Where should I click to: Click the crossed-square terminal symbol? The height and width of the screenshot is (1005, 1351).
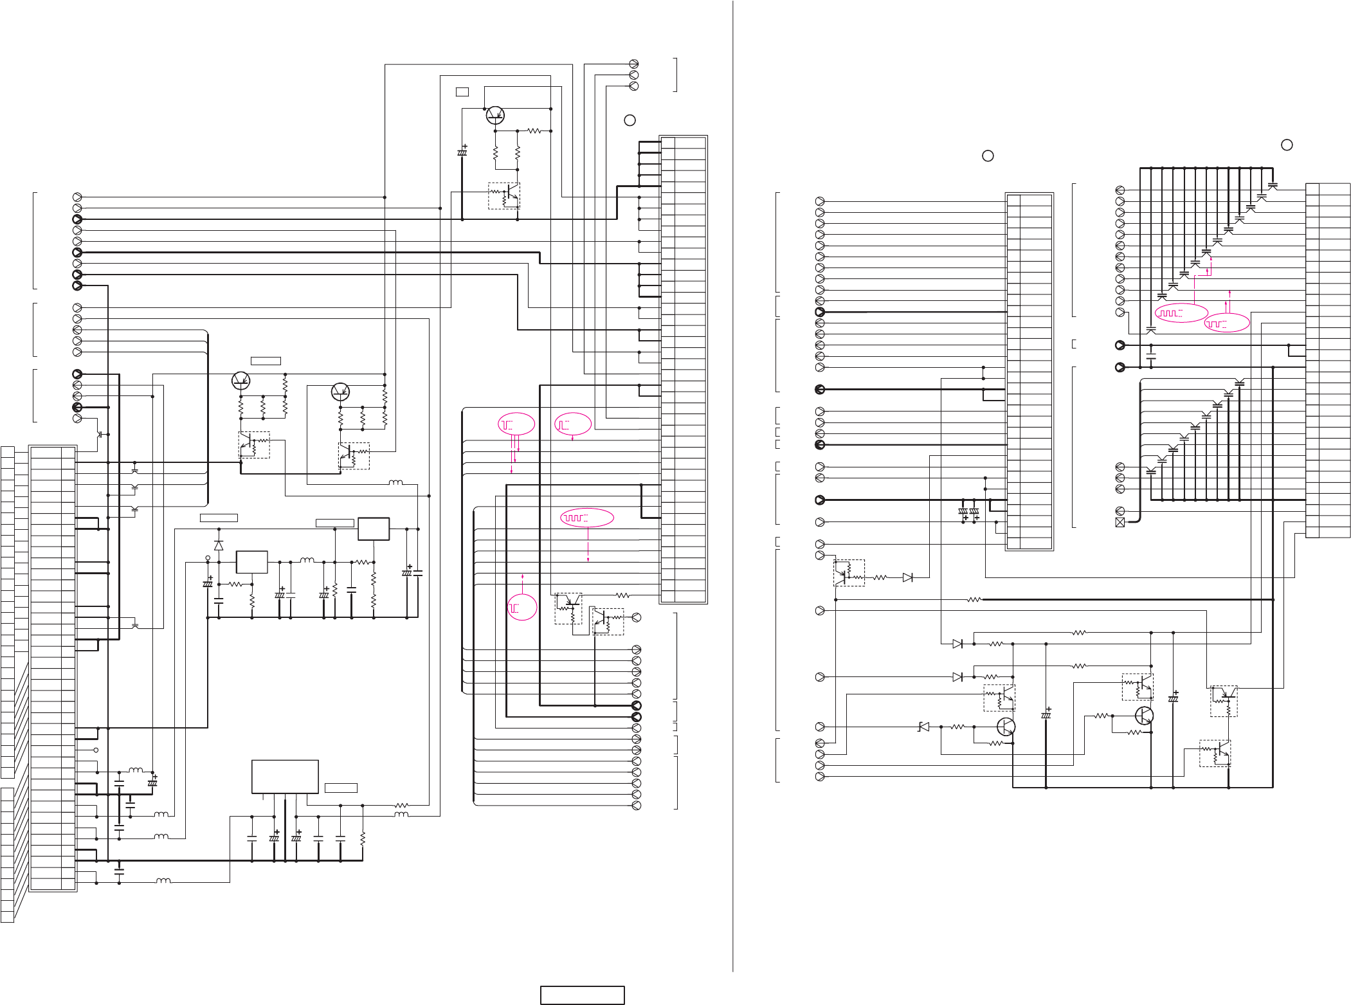point(1120,522)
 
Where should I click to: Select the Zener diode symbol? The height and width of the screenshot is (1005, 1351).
point(924,727)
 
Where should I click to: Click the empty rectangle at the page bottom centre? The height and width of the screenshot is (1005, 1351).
point(582,995)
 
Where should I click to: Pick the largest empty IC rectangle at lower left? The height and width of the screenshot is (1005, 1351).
point(285,777)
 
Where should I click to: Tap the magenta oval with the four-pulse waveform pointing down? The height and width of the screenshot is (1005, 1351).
point(587,518)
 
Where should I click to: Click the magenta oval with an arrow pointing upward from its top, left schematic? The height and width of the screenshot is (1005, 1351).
point(522,608)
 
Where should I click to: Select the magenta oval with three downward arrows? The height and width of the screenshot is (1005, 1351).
point(516,424)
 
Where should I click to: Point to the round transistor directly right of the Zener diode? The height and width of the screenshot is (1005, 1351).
point(1006,727)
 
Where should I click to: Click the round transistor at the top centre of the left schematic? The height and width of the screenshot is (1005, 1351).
point(495,115)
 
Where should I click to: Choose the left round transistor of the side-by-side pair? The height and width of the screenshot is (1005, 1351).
point(240,381)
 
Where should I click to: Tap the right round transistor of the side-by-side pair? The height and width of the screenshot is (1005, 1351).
point(340,391)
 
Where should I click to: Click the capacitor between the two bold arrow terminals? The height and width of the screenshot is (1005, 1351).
point(1151,356)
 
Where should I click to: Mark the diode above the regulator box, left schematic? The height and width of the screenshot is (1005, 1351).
point(219,545)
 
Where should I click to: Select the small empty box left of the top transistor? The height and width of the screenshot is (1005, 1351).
point(462,92)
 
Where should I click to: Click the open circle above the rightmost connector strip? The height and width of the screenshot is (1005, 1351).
point(1287,145)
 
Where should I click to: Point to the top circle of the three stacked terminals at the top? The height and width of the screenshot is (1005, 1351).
point(633,64)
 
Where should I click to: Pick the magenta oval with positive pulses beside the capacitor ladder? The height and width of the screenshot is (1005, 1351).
point(1181,313)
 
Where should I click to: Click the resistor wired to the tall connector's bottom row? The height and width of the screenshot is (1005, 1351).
point(622,595)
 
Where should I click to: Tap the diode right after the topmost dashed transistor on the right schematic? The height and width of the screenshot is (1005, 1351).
point(907,577)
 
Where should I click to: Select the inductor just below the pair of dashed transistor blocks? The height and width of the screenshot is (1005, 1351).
point(396,482)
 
